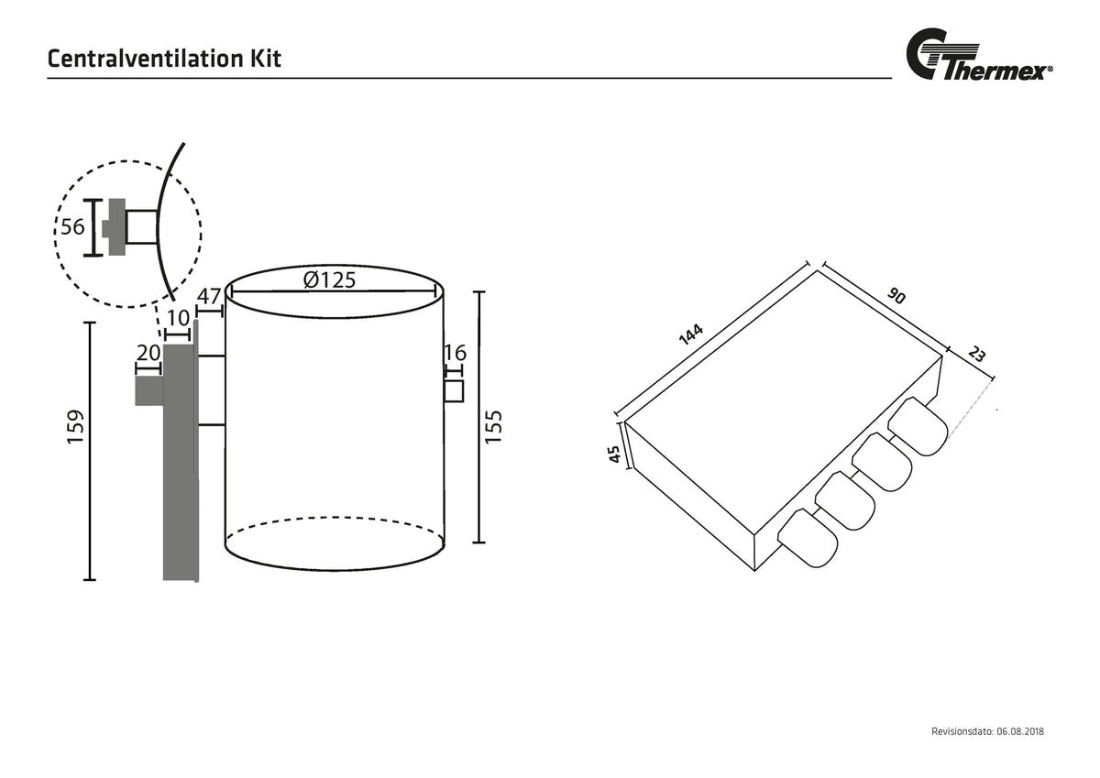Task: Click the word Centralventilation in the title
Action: point(146,59)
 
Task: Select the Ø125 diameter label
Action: point(329,279)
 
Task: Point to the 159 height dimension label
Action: point(75,427)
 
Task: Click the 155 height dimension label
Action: point(493,426)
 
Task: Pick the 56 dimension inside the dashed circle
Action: point(72,226)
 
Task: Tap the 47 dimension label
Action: point(209,297)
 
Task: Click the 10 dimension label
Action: point(178,318)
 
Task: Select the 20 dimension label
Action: point(148,353)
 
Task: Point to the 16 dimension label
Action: point(455,353)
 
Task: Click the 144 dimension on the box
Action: point(691,334)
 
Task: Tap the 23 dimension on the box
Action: point(976,354)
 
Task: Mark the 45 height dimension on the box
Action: point(614,454)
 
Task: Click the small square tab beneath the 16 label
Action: point(454,390)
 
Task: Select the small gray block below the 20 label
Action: point(149,390)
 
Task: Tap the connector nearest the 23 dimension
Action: point(918,425)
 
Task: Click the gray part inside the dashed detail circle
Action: point(117,226)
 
